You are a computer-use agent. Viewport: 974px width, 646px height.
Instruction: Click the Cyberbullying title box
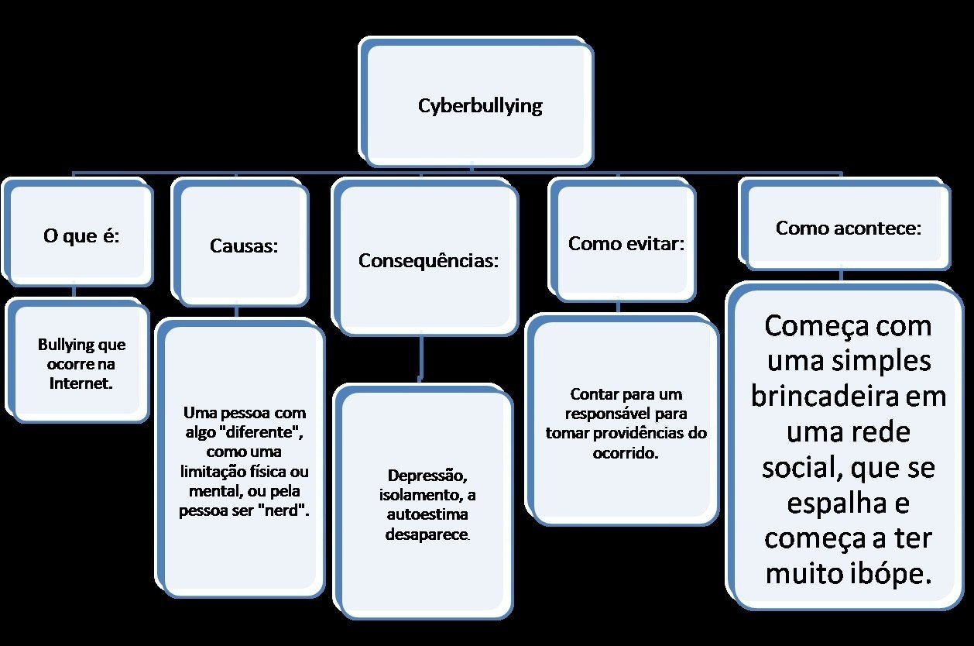(479, 105)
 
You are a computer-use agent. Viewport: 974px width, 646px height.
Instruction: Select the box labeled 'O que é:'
(81, 235)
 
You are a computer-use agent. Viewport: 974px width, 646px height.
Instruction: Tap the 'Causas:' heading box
(243, 246)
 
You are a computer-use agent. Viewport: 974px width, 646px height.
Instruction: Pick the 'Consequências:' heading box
(428, 260)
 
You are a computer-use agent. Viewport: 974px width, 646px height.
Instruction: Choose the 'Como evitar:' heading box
(626, 243)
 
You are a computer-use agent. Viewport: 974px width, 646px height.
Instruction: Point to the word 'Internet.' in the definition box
(82, 383)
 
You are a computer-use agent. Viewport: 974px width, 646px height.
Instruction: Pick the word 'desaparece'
(427, 534)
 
